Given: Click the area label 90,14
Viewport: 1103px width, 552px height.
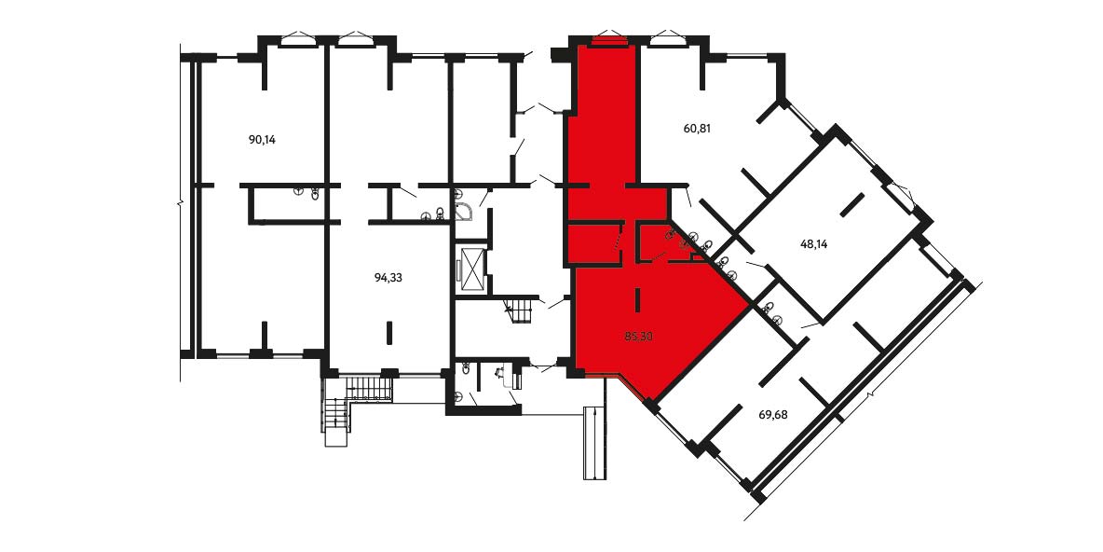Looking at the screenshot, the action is pyautogui.click(x=263, y=140).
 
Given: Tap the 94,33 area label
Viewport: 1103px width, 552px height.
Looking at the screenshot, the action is pyautogui.click(x=388, y=278).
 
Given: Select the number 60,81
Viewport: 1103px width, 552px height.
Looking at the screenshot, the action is pyautogui.click(x=697, y=129).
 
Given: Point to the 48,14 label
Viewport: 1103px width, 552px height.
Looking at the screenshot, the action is pyautogui.click(x=814, y=245).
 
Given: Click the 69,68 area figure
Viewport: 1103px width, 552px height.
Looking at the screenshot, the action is pyautogui.click(x=773, y=415).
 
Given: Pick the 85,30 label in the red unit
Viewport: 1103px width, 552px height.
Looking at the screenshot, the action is pyautogui.click(x=639, y=337).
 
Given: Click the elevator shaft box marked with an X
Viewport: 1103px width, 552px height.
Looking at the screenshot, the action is pyautogui.click(x=470, y=269).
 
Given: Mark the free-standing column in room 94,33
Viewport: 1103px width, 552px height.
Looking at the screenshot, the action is pyautogui.click(x=389, y=333).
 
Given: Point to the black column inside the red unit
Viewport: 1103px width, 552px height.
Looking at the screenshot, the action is pyautogui.click(x=637, y=300).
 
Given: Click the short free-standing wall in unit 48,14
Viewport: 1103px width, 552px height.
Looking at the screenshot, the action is pyautogui.click(x=851, y=205).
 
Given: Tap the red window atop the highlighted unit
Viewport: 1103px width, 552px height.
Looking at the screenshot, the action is pyautogui.click(x=609, y=41).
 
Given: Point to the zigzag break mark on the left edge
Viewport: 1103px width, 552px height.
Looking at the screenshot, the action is pyautogui.click(x=180, y=204).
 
